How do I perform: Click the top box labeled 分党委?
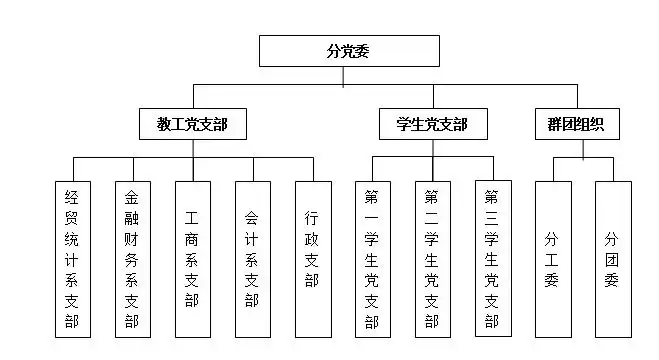(x=349, y=51)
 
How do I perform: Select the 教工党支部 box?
(x=193, y=125)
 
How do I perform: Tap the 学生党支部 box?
(x=424, y=125)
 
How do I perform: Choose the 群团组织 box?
(x=577, y=125)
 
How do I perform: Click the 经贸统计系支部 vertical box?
(x=71, y=259)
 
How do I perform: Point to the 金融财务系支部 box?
(x=131, y=259)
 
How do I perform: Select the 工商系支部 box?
(x=192, y=259)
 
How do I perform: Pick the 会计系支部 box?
(x=252, y=259)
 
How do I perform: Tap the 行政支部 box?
(x=312, y=259)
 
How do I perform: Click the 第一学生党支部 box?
(x=372, y=259)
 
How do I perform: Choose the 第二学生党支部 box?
(x=432, y=259)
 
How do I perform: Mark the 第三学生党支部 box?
(x=492, y=259)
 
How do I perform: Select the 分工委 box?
(x=552, y=259)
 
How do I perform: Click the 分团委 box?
(x=612, y=259)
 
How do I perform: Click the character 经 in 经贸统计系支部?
(x=71, y=197)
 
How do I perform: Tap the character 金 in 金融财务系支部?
(x=131, y=197)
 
